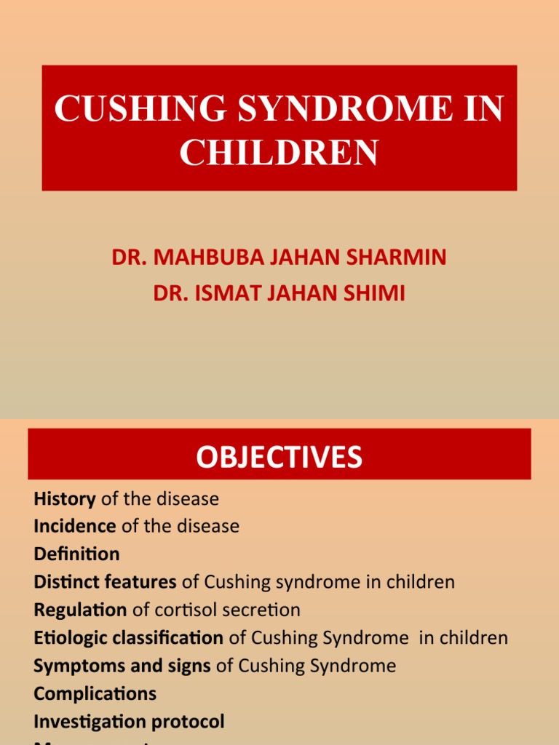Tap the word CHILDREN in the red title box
[x=279, y=152]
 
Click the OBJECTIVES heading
[x=279, y=457]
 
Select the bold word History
[x=65, y=499]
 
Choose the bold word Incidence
[x=75, y=526]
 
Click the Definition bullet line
[x=76, y=554]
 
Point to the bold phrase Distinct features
[x=105, y=582]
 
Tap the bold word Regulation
[x=80, y=610]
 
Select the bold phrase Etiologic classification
[x=128, y=638]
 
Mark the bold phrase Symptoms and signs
[x=122, y=666]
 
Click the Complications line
[x=95, y=693]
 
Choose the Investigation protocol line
[x=129, y=722]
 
